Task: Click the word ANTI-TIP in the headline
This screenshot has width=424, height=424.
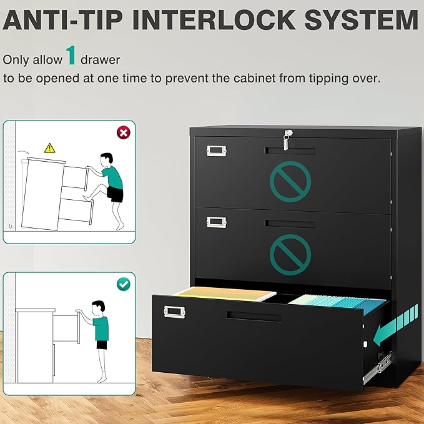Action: [x=62, y=20]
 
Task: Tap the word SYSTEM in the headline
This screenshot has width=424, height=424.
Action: [x=362, y=20]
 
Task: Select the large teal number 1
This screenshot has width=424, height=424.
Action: [x=71, y=56]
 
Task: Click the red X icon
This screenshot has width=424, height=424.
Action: [x=123, y=133]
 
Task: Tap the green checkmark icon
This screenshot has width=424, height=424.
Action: [x=123, y=284]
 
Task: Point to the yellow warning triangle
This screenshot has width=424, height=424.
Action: [x=50, y=148]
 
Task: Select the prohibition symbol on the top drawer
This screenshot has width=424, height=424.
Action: [x=290, y=182]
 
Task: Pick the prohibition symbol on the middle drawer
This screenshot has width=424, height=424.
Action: [x=290, y=255]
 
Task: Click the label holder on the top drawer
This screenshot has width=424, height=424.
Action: [x=216, y=150]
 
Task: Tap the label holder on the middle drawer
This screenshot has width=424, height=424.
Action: [x=216, y=222]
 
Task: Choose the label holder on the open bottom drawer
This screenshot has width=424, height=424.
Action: [x=174, y=312]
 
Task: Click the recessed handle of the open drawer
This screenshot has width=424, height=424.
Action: [x=254, y=316]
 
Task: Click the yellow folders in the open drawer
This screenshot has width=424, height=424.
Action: [x=224, y=293]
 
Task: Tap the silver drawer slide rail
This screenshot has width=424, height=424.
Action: [x=378, y=368]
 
